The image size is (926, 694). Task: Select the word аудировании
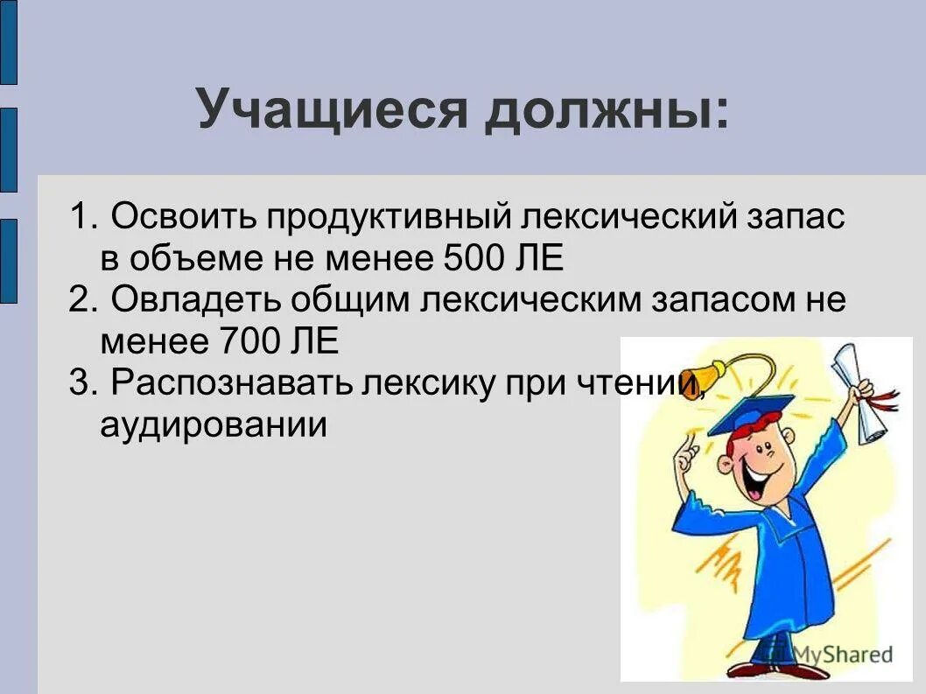[214, 424]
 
